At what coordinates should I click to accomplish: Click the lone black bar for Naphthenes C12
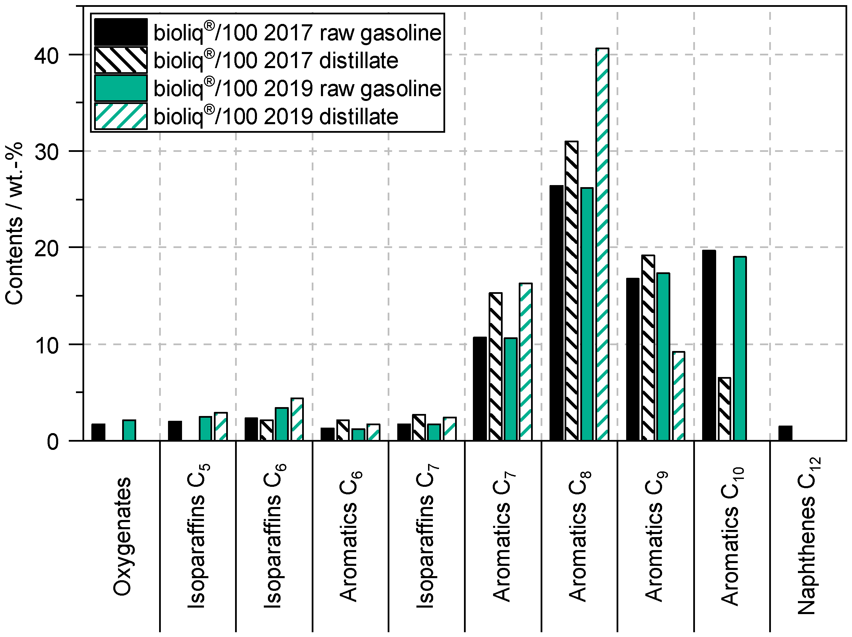point(785,433)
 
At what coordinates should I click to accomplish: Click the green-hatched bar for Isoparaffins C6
point(297,419)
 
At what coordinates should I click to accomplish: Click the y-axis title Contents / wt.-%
point(14,223)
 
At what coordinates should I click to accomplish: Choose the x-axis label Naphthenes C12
point(807,535)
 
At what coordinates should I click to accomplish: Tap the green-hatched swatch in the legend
point(120,116)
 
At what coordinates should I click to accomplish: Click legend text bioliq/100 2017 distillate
point(276,61)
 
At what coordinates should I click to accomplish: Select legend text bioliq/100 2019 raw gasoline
point(297,88)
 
